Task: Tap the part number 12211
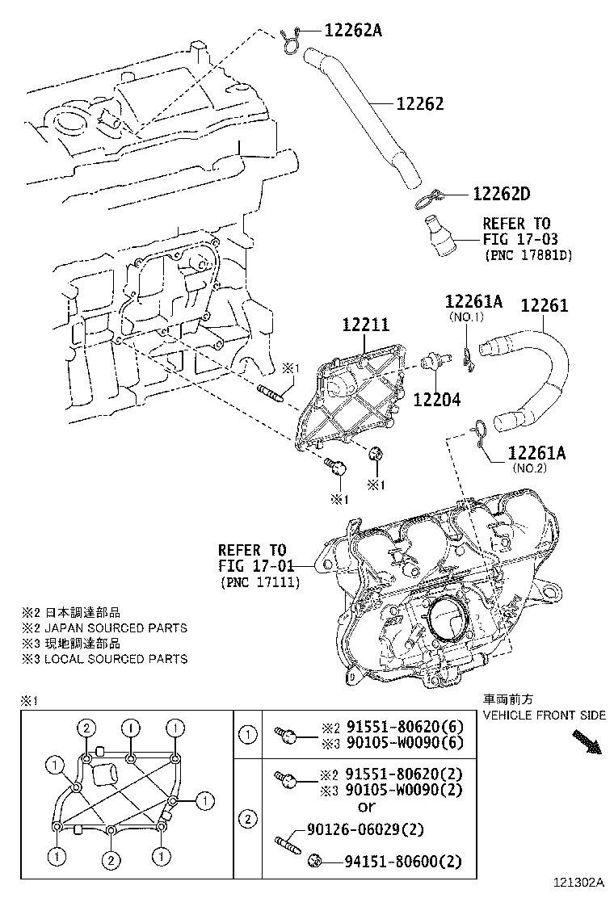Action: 365,325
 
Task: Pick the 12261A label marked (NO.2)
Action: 536,453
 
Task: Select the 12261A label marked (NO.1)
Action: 473,302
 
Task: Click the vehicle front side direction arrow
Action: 587,741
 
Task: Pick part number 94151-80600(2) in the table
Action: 394,862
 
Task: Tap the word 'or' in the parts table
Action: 366,806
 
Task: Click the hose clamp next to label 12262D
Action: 427,196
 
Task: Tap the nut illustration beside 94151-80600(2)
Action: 316,862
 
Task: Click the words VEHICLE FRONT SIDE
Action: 544,715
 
